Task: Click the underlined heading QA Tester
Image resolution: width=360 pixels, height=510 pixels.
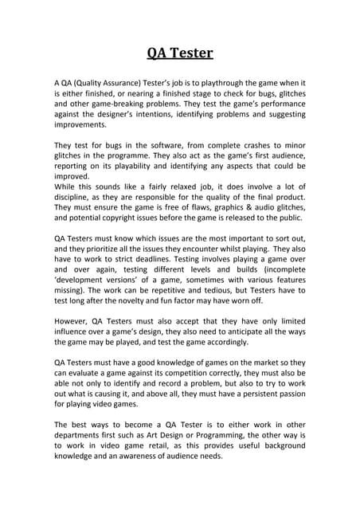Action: (180, 54)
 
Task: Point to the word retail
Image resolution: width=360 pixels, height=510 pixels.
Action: (170, 457)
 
